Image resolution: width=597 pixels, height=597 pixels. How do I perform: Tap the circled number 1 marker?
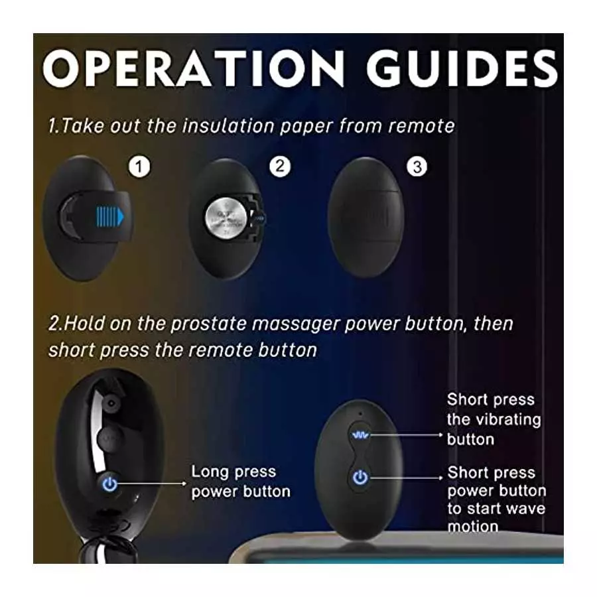(139, 166)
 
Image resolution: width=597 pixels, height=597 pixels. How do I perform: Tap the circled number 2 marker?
(280, 166)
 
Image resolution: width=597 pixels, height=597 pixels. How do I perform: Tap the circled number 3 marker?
(417, 166)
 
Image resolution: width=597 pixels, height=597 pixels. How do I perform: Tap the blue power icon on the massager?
(110, 484)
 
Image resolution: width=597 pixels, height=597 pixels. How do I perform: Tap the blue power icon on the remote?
(359, 476)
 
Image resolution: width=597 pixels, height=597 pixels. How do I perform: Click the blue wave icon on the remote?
(359, 435)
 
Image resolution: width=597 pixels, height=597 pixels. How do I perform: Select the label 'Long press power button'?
(240, 482)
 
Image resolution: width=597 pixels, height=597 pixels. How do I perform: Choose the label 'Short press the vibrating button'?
(494, 419)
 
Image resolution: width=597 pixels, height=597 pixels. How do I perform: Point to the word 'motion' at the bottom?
(472, 527)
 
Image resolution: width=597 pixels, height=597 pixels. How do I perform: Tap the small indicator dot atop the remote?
(359, 414)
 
